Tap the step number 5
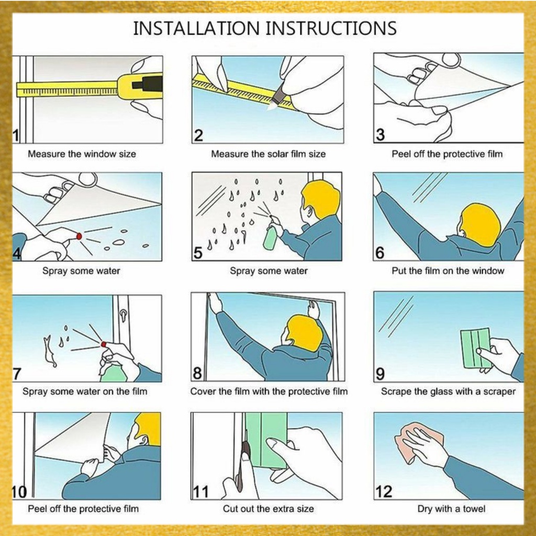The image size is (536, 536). (198, 253)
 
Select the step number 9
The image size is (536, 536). (380, 374)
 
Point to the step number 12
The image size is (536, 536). (384, 492)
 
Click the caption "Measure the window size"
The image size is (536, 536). (82, 154)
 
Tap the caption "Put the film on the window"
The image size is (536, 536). (448, 271)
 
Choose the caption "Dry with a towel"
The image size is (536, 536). (451, 509)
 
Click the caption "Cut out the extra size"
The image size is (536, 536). (269, 509)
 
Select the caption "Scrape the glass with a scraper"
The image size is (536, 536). (448, 392)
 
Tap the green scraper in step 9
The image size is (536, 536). (475, 348)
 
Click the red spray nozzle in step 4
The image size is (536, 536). (79, 236)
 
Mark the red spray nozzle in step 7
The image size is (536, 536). (104, 344)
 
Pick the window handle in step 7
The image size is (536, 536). (123, 315)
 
